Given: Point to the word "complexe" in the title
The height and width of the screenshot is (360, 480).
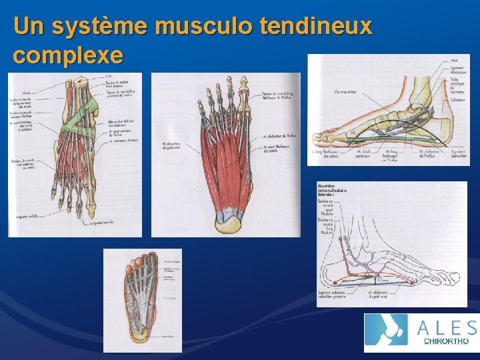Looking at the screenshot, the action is tap(67, 55).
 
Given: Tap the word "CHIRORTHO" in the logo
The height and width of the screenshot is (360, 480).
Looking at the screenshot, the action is tap(447, 342).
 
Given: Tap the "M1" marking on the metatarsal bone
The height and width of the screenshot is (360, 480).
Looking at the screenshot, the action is tap(353, 133).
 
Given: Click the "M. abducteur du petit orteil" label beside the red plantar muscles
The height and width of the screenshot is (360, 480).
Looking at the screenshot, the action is tap(173, 146).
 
